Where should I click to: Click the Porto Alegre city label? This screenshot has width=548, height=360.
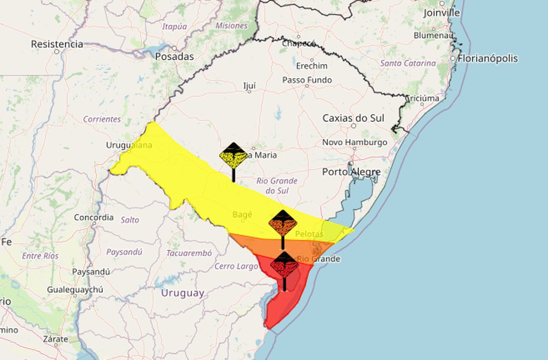click(351, 172)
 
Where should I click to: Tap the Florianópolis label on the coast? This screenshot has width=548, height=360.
click(488, 58)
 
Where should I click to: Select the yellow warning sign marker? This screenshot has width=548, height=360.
click(233, 156)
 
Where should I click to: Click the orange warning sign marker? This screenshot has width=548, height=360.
click(283, 224)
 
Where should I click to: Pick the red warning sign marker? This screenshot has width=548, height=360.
click(285, 265)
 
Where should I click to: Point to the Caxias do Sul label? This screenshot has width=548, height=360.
click(354, 118)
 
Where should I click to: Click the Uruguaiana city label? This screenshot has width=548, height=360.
click(129, 145)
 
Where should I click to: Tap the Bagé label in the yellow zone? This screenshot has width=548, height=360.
click(242, 214)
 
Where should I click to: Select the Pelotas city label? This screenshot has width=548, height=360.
click(309, 234)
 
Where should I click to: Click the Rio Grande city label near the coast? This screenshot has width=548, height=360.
click(318, 259)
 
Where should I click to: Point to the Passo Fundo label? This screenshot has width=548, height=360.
click(307, 80)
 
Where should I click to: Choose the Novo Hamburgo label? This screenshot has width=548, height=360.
click(355, 142)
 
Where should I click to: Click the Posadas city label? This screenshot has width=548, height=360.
click(174, 56)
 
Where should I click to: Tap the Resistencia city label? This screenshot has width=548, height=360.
click(57, 44)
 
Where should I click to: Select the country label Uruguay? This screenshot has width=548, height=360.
click(183, 293)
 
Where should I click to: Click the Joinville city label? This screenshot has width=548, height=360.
click(442, 12)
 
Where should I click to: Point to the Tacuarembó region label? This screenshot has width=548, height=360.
click(189, 253)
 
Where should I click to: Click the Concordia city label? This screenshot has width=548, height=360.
click(94, 218)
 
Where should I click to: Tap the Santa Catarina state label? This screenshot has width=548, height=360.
click(408, 63)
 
